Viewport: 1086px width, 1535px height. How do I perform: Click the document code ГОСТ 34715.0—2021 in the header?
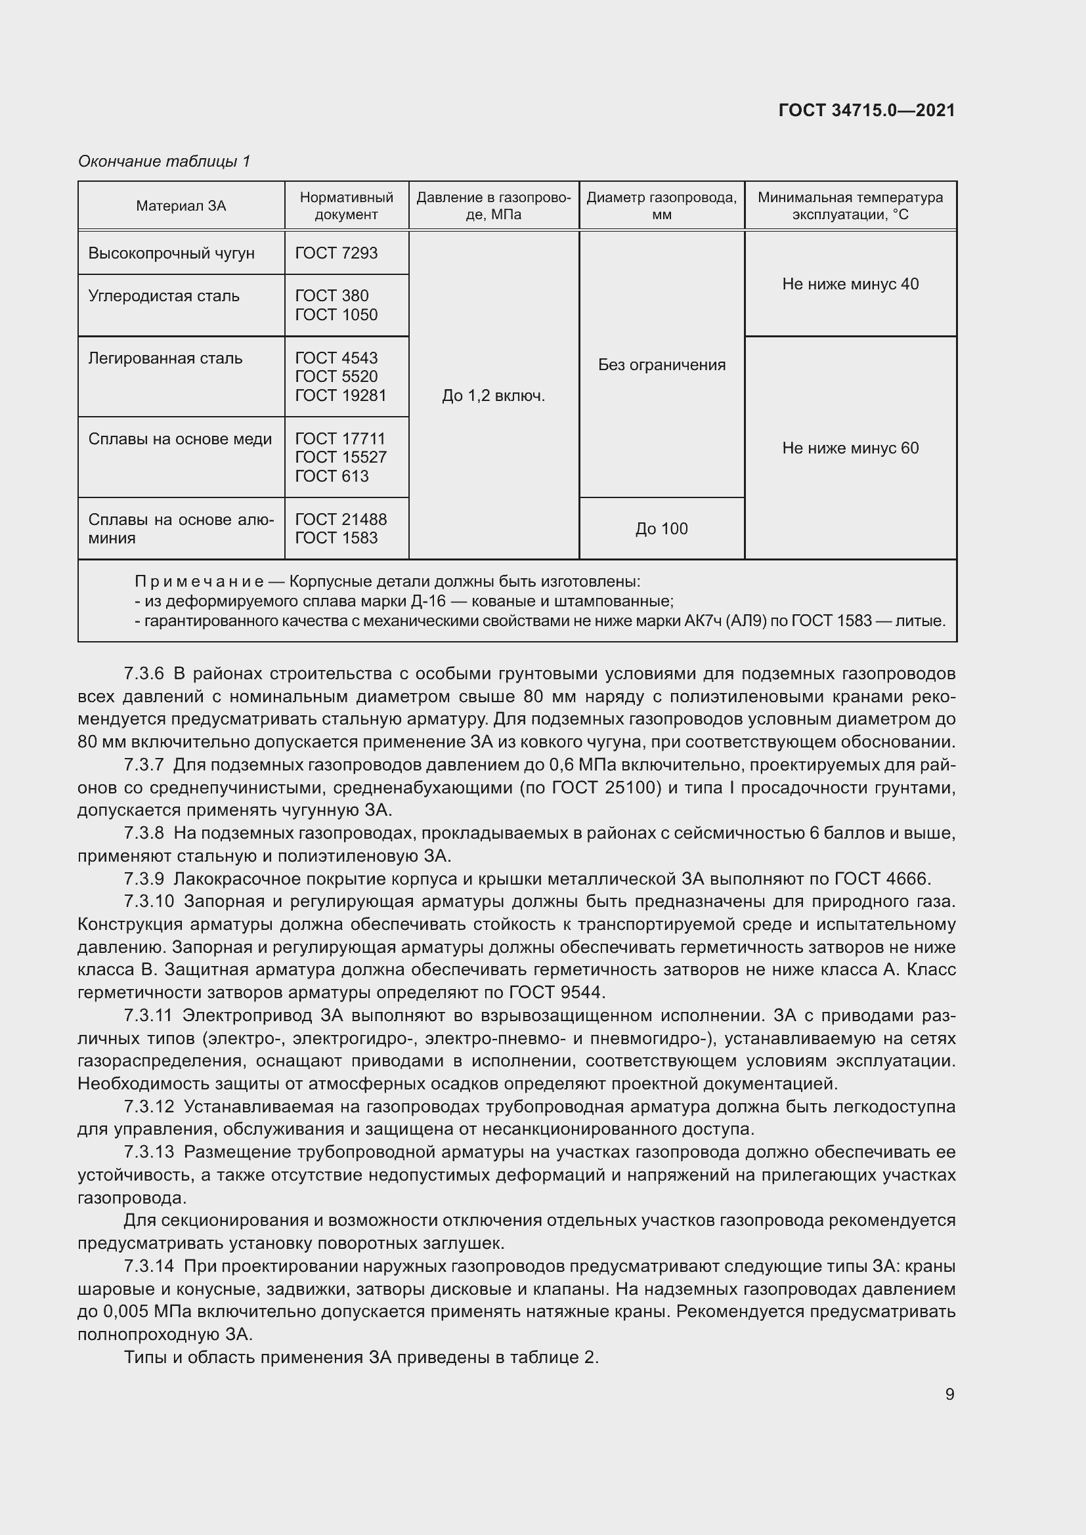pyautogui.click(x=867, y=110)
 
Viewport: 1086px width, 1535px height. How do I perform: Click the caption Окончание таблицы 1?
pyautogui.click(x=164, y=161)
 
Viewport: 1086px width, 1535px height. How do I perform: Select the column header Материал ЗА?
pyautogui.click(x=181, y=206)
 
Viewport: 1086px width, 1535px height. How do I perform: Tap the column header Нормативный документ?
pyautogui.click(x=346, y=206)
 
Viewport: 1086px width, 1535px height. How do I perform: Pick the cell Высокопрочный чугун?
pyautogui.click(x=171, y=253)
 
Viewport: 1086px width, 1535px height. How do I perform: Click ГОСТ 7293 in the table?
pyautogui.click(x=336, y=253)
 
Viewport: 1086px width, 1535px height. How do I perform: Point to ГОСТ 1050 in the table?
pyautogui.click(x=336, y=315)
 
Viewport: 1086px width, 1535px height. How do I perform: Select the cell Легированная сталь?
pyautogui.click(x=165, y=358)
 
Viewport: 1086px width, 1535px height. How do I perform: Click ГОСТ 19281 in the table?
pyautogui.click(x=340, y=396)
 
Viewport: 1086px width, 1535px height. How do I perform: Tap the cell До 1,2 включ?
pyautogui.click(x=494, y=396)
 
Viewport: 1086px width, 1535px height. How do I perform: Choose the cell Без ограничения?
pyautogui.click(x=661, y=365)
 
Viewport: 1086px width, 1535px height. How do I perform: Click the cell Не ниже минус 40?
pyautogui.click(x=850, y=284)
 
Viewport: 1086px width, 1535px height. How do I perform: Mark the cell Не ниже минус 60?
pyautogui.click(x=850, y=448)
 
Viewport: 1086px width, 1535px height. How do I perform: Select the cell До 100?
pyautogui.click(x=661, y=529)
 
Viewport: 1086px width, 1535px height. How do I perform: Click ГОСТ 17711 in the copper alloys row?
pyautogui.click(x=339, y=438)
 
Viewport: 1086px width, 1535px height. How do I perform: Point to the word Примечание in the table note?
pyautogui.click(x=198, y=581)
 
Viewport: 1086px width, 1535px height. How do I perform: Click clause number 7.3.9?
pyautogui.click(x=144, y=879)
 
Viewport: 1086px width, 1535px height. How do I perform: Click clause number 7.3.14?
pyautogui.click(x=148, y=1266)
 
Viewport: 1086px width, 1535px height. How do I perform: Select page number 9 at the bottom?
pyautogui.click(x=949, y=1394)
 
